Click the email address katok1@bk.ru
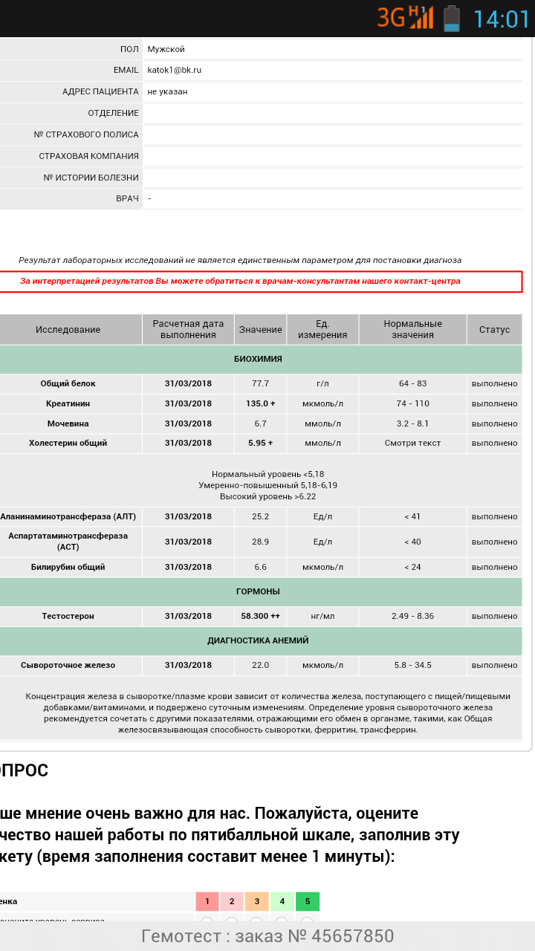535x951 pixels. tap(174, 70)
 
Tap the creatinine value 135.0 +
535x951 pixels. tap(260, 403)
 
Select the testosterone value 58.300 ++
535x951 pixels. tap(260, 616)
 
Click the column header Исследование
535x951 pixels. tap(68, 329)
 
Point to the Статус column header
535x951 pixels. tap(494, 329)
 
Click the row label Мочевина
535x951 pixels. tap(68, 423)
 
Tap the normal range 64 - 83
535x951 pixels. tap(412, 383)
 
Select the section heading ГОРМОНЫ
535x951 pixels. tap(258, 591)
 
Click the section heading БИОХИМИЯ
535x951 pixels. tap(258, 359)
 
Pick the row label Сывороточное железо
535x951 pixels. tap(68, 665)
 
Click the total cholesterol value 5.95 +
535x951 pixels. tap(260, 443)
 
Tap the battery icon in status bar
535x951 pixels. tap(451, 18)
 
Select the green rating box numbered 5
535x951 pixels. tap(307, 901)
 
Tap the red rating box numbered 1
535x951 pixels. tap(207, 901)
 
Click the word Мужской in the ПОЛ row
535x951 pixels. tap(166, 49)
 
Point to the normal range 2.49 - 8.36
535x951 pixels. tap(412, 616)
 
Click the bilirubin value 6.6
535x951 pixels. tap(260, 567)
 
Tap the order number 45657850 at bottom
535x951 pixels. tap(353, 936)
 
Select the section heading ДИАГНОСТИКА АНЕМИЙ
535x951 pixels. tap(258, 640)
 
